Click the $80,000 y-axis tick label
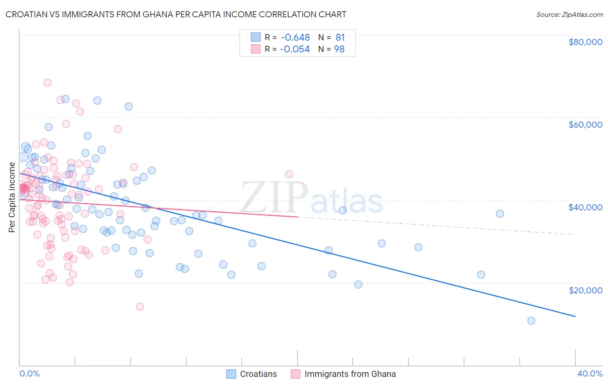point(585,42)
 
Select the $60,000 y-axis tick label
point(585,125)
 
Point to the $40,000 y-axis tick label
point(585,207)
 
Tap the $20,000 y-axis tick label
point(585,290)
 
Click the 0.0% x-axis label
point(29,373)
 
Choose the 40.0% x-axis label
point(589,373)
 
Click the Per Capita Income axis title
point(12,197)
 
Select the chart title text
point(176,14)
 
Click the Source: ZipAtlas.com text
point(569,15)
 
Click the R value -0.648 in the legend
point(295,38)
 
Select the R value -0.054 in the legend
point(295,49)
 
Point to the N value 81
point(340,38)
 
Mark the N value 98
point(339,49)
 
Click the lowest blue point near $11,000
point(531,321)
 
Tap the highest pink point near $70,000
point(48,83)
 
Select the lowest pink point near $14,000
point(140,306)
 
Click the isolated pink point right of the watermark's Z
point(289,174)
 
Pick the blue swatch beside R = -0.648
point(256,38)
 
